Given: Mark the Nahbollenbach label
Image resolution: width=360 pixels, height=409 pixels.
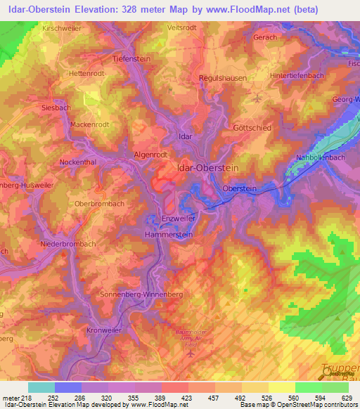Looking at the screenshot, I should click(321, 157).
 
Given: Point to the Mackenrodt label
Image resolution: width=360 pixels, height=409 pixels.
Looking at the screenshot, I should click(89, 124).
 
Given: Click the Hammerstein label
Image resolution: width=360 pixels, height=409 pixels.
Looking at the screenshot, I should click(169, 235).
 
